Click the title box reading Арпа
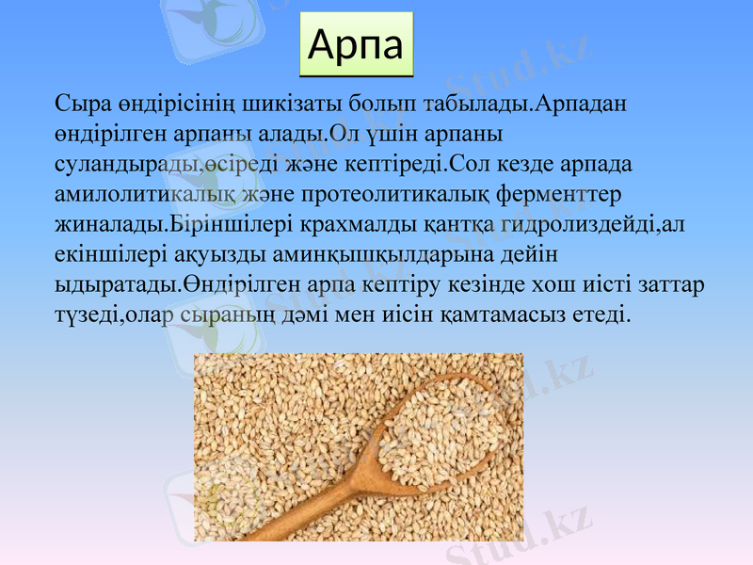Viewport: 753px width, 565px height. pos(357,44)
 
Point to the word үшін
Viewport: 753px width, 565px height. pos(390,132)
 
